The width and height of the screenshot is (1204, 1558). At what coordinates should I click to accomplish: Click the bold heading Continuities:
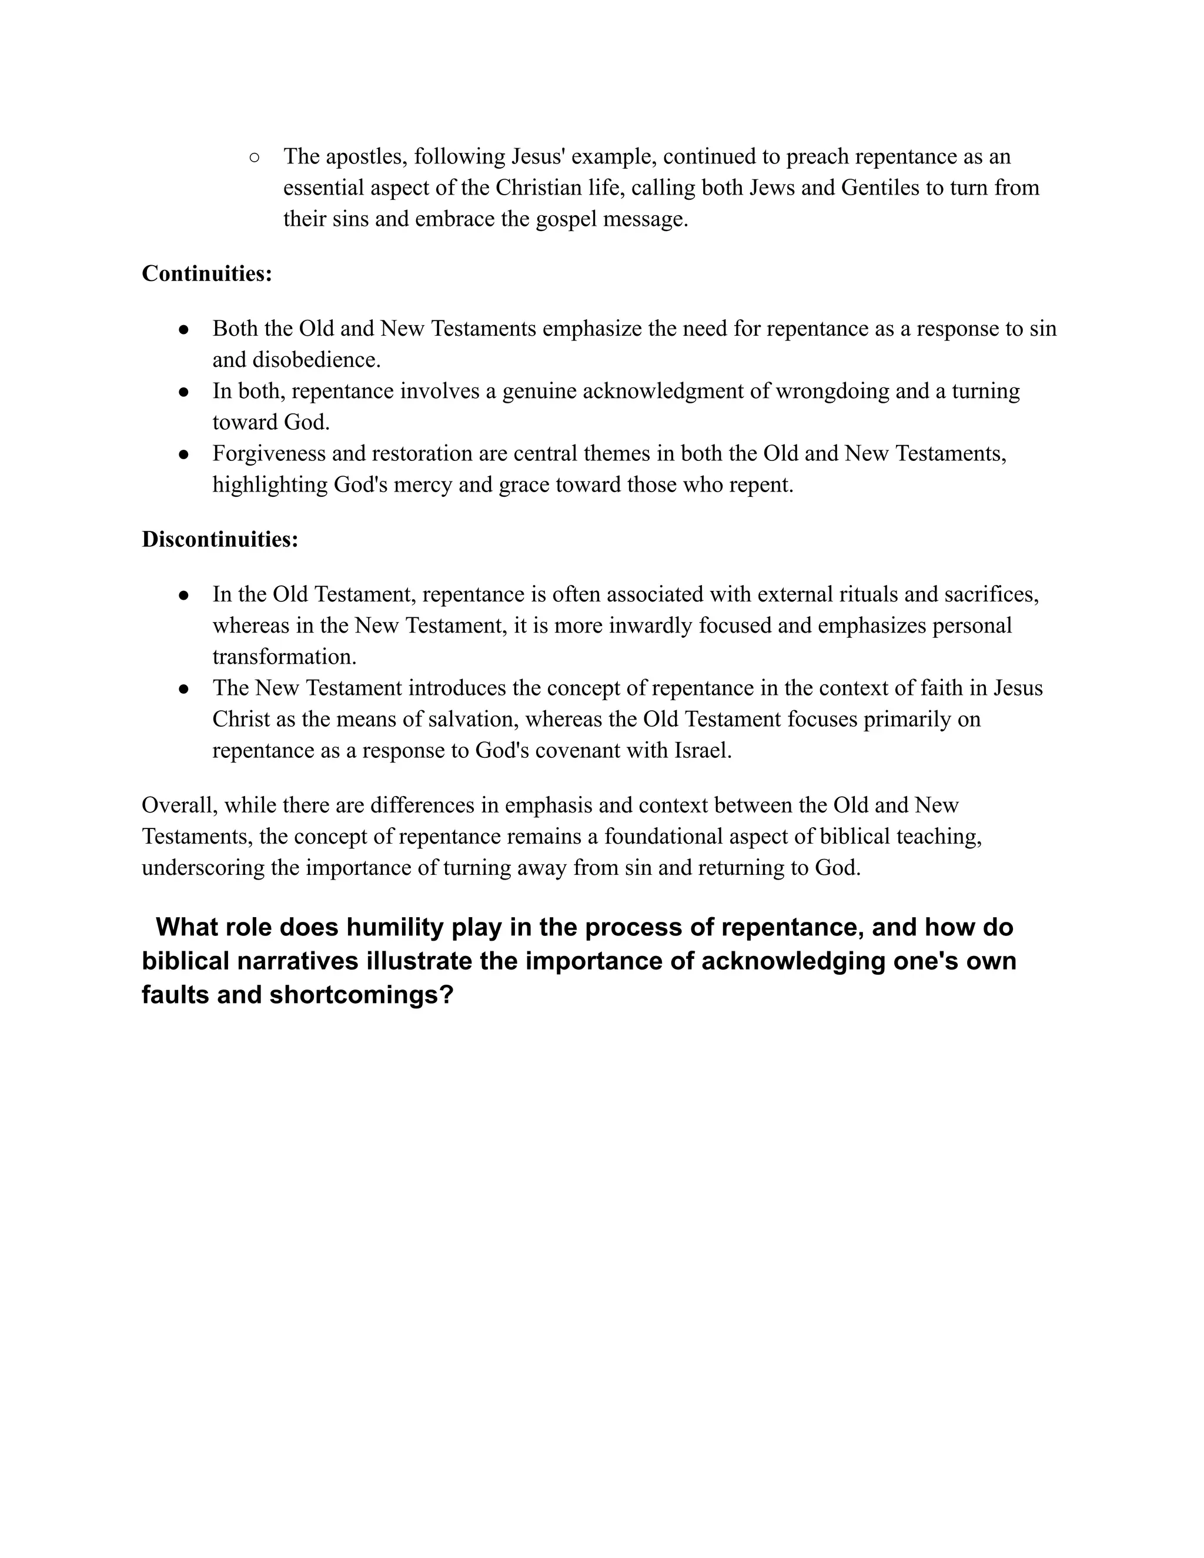[207, 274]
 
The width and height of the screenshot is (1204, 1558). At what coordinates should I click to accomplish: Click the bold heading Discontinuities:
[220, 539]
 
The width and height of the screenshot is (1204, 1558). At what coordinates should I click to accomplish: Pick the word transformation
[284, 657]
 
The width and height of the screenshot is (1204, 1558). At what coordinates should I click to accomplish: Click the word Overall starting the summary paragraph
[179, 805]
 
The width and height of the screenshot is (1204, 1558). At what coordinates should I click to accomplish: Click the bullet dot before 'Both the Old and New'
[184, 330]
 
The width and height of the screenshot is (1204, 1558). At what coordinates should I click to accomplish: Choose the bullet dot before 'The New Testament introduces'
[184, 689]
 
